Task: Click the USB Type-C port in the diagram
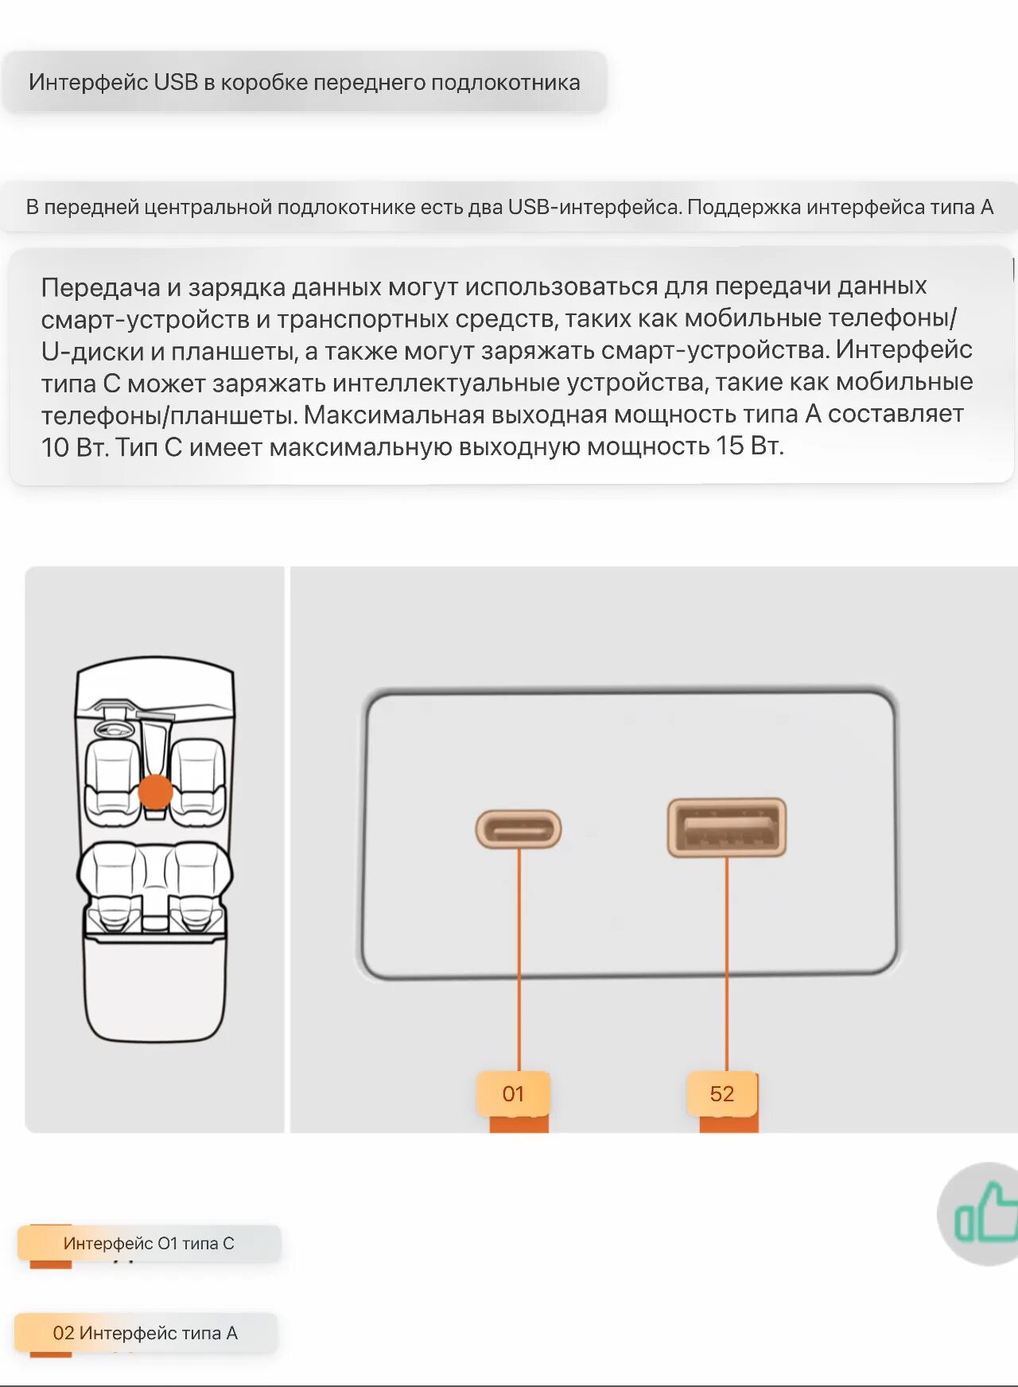coord(519,829)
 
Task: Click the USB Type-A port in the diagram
coord(727,828)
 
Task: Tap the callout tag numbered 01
coord(513,1094)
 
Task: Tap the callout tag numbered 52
coord(722,1094)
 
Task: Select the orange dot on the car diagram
coord(155,792)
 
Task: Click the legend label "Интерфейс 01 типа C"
coord(149,1243)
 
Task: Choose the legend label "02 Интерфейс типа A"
coord(146,1333)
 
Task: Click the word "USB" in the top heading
coord(176,82)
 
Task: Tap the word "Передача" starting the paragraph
coord(100,287)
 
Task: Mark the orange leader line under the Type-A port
coord(727,963)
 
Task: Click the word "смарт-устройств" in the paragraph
coord(145,320)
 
